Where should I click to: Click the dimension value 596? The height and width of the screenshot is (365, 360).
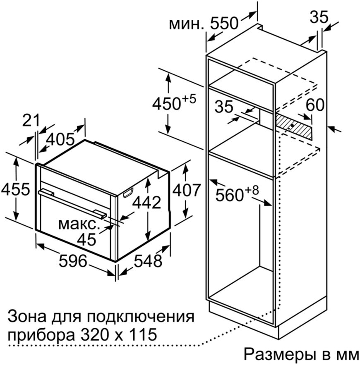73,261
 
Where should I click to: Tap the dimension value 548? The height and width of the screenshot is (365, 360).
148,261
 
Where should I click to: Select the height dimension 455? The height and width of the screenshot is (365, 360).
16,189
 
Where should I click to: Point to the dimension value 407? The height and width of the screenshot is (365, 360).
186,190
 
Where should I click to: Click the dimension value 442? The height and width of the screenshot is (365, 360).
146,203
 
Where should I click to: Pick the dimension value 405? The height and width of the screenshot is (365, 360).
60,140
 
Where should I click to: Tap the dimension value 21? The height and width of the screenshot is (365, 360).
31,121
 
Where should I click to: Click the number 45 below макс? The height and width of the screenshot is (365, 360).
86,239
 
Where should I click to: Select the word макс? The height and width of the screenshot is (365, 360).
78,224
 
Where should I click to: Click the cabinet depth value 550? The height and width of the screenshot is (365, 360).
224,23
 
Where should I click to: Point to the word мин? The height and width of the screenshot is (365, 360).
186,24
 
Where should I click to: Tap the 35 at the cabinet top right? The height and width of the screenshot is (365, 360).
319,17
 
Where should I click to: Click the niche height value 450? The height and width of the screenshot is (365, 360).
166,104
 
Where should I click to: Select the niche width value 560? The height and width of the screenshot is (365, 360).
230,195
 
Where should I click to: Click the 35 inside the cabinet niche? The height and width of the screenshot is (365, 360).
224,107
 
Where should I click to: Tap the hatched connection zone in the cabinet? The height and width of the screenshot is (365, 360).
294,126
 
